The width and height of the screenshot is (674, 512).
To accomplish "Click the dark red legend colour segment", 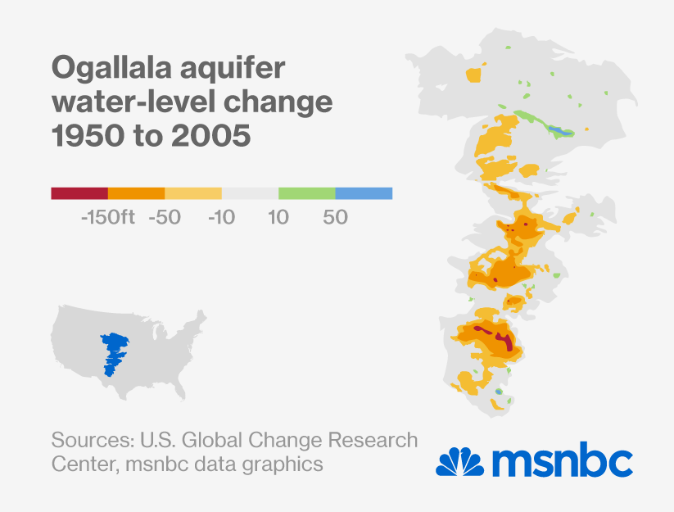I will pos(79,193).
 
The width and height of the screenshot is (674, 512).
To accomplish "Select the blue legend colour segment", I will pos(364,193).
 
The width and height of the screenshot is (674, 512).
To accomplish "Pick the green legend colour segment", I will pos(307,193).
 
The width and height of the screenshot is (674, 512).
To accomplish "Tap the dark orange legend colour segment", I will pos(136,193).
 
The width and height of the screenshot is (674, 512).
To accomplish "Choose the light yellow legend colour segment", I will pos(193,193).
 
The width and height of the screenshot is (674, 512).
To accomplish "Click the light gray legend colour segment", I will pos(250,193).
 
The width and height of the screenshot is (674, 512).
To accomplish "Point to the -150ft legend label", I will pos(108,218).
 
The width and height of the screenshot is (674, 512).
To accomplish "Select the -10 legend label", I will pos(222,218).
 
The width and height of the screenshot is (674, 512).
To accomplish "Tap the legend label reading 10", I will pos(278,218).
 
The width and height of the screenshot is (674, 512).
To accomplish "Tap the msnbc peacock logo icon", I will pos(459,461).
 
